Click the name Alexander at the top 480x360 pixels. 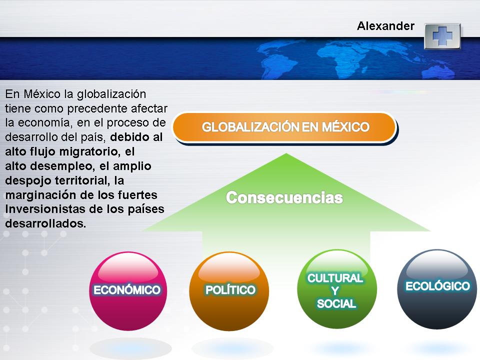[x=385, y=26]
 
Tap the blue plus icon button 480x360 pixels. [x=442, y=36]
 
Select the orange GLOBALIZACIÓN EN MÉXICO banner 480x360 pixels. [x=285, y=127]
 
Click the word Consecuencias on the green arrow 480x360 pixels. [x=284, y=198]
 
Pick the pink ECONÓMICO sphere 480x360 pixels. [x=127, y=290]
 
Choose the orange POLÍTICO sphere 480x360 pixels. [x=229, y=290]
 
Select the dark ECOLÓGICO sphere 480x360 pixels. [x=437, y=287]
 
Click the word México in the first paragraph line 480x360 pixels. [x=35, y=94]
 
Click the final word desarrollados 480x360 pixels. [x=45, y=223]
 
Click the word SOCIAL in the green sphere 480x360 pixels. [x=336, y=303]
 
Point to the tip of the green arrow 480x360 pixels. [x=286, y=155]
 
